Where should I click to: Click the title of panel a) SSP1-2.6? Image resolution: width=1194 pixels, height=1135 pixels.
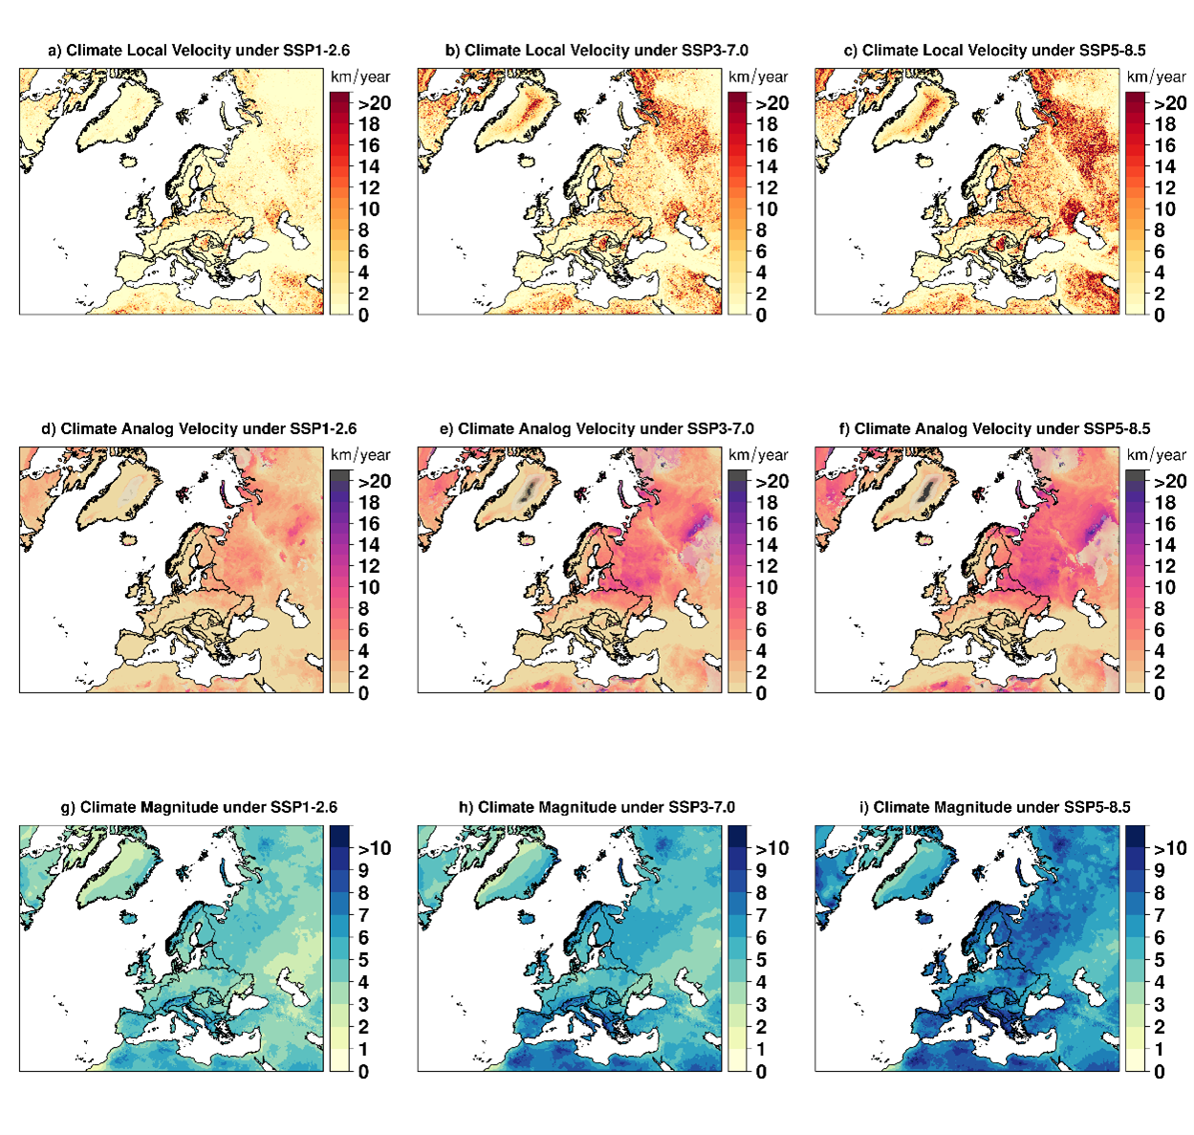pos(199,51)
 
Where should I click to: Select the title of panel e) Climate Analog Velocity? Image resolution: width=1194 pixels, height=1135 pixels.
pos(597,428)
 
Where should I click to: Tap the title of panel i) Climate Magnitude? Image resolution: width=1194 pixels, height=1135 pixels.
pos(994,807)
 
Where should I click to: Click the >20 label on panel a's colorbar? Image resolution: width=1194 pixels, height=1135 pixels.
pos(374,103)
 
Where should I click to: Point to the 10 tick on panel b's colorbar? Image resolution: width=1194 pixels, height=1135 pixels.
pos(767,209)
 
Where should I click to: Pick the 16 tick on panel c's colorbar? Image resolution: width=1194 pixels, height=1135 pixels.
pos(1164,145)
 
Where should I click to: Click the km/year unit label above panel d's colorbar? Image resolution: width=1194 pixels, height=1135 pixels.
pos(360,455)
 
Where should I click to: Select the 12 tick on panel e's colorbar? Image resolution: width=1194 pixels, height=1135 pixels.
pos(767,566)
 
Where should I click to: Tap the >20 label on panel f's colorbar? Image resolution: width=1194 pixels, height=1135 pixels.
pos(1169,481)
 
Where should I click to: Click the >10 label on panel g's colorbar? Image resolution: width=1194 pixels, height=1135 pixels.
pos(374,848)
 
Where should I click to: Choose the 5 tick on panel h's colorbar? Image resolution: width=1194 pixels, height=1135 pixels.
pos(761,960)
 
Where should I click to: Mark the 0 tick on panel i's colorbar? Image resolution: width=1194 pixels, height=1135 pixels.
pos(1159,1072)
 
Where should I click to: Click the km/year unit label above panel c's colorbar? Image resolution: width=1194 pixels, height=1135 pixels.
pos(1156,76)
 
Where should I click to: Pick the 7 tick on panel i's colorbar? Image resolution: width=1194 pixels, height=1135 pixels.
pos(1159,915)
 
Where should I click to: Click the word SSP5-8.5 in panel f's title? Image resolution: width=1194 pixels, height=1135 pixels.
pos(1113,428)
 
